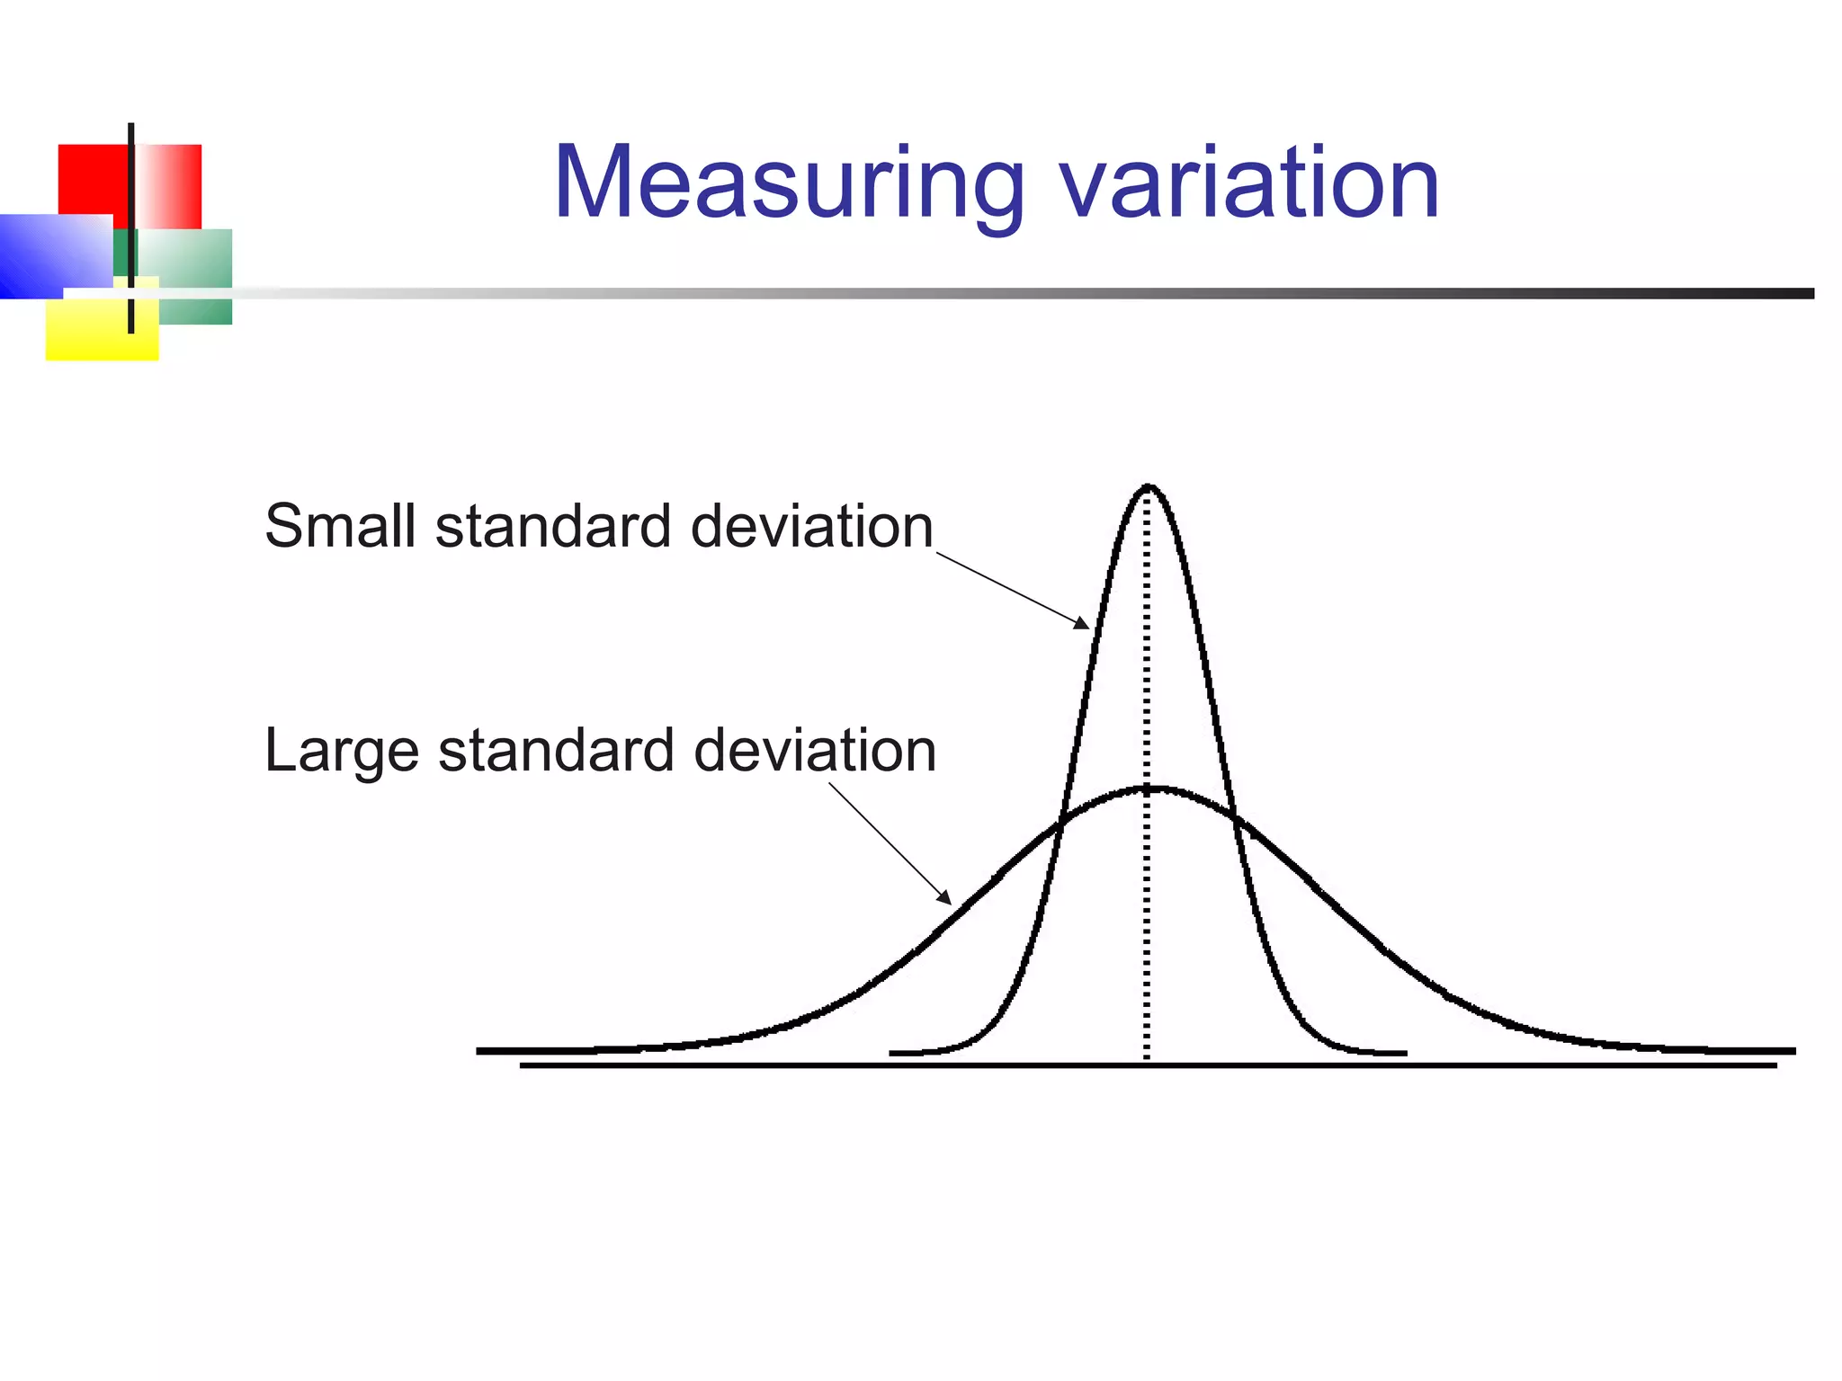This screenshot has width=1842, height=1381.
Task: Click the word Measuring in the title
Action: [x=788, y=184]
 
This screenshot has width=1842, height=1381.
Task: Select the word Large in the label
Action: [x=342, y=752]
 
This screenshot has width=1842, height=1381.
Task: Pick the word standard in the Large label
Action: [x=556, y=751]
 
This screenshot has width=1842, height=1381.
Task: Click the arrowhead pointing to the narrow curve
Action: [x=1082, y=623]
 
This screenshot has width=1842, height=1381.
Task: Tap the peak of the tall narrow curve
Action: [x=1149, y=487]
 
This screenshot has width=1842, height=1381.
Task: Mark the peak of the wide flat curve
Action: [x=1151, y=789]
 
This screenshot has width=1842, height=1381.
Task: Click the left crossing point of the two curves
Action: [x=1060, y=820]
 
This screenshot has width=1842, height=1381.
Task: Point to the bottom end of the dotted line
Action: [x=1147, y=1057]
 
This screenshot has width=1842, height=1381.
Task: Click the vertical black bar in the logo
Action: [x=131, y=225]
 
